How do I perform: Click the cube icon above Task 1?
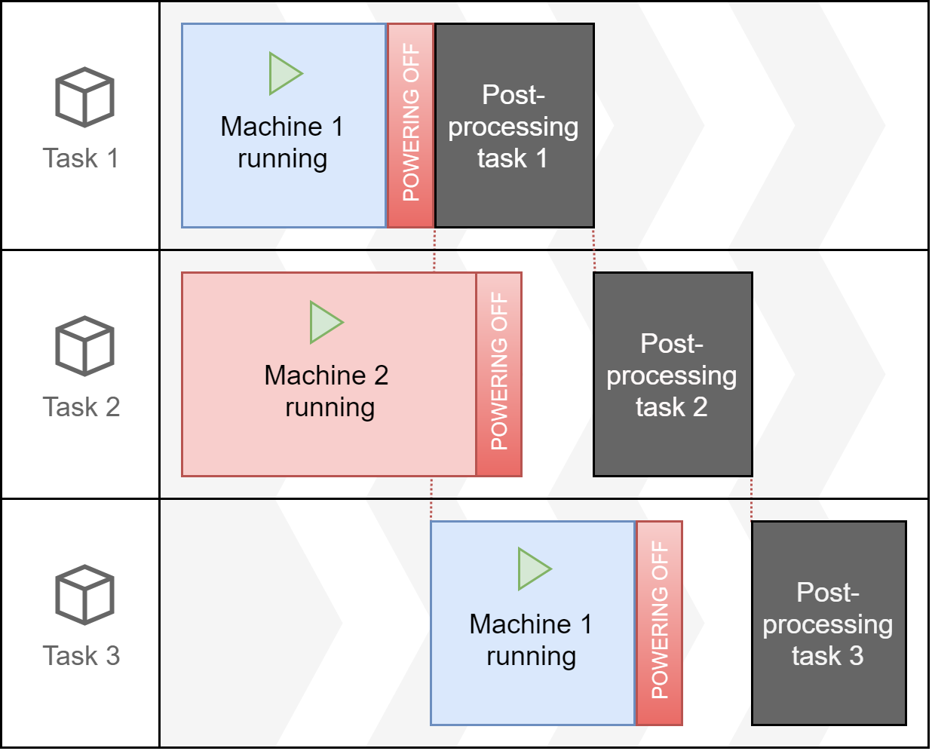(x=84, y=97)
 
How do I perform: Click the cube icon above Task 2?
(x=84, y=346)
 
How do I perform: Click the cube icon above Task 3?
(x=84, y=595)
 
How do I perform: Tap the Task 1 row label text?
(x=81, y=158)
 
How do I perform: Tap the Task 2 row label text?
(x=81, y=407)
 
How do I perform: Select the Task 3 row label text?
(x=81, y=656)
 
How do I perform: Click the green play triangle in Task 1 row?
(x=284, y=74)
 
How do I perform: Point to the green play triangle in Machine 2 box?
(x=325, y=323)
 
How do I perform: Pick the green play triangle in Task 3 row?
(x=533, y=569)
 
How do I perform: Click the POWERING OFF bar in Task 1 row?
(x=411, y=125)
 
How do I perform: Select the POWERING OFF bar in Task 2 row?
(x=499, y=374)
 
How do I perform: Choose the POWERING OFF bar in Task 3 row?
(x=660, y=623)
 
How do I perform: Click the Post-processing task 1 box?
(x=514, y=126)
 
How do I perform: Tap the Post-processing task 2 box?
(x=673, y=375)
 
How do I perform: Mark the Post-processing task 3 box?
(x=829, y=624)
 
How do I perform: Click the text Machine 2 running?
(x=327, y=391)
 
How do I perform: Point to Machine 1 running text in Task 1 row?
(x=283, y=143)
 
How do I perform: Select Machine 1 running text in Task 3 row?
(x=532, y=640)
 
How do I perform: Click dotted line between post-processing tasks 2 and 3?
(x=752, y=499)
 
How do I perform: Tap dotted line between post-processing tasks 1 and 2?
(x=594, y=250)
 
